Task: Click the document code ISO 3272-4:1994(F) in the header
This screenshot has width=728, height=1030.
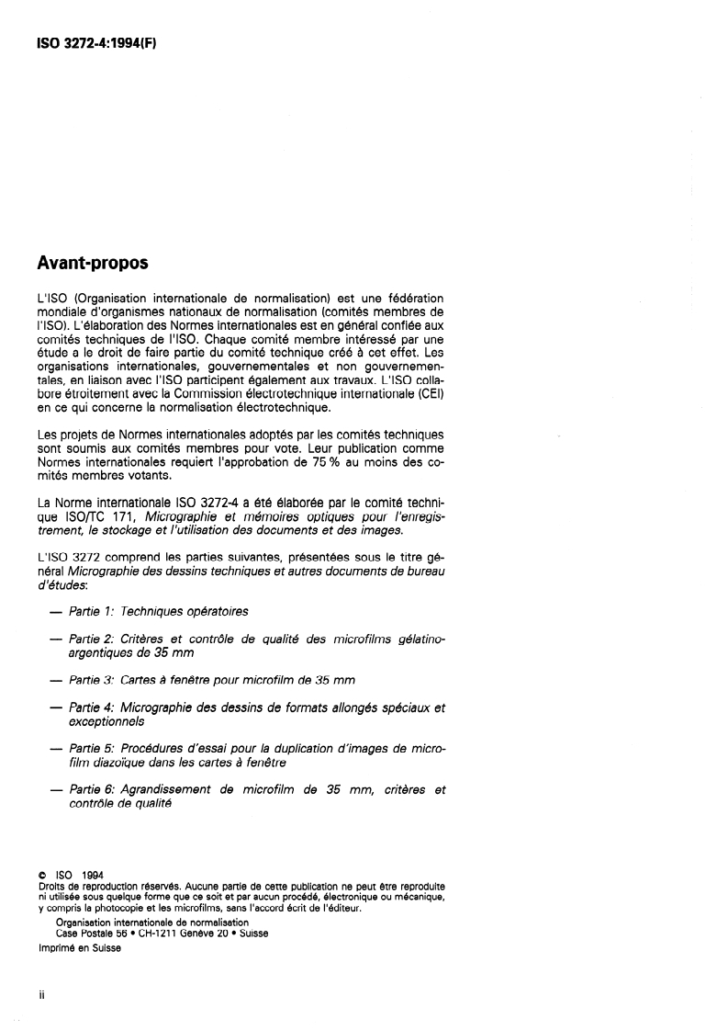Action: click(x=97, y=43)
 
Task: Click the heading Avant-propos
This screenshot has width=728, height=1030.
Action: click(x=93, y=264)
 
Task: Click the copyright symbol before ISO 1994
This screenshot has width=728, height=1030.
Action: click(x=41, y=876)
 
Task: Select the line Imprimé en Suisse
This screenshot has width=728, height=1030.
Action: click(x=79, y=949)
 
